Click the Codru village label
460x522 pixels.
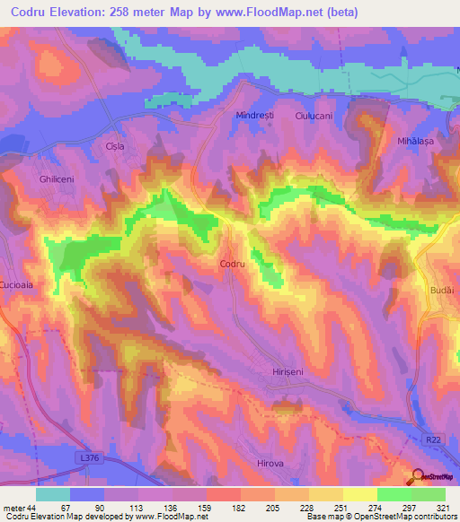coord(233,264)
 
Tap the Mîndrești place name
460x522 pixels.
coord(254,116)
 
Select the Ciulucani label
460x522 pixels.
coord(314,116)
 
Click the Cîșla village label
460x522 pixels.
coord(114,146)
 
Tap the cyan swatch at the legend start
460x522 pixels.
coord(53,494)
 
